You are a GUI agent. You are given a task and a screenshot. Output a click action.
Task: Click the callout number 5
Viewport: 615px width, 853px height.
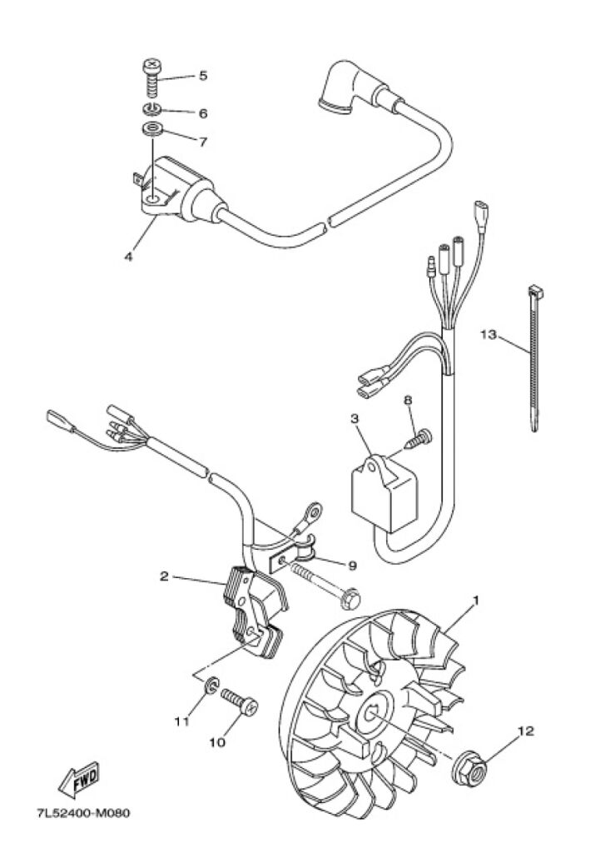click(203, 75)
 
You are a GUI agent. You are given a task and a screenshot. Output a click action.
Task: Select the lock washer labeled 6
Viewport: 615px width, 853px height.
click(151, 109)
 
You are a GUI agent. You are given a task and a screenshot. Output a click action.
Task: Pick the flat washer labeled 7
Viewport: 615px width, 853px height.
click(152, 131)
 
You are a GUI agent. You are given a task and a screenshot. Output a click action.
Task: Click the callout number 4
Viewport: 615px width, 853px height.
click(129, 256)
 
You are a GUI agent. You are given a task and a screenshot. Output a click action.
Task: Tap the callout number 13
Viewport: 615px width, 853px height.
click(489, 334)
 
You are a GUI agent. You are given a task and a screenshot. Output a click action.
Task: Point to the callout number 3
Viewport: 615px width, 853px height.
click(355, 419)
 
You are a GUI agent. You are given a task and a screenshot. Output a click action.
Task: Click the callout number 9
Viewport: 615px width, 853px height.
click(352, 566)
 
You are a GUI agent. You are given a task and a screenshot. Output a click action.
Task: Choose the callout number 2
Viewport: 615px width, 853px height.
click(164, 576)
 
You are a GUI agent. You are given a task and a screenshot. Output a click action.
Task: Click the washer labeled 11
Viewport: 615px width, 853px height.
click(212, 686)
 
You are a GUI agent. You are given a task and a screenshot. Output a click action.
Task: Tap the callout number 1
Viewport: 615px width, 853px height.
click(477, 601)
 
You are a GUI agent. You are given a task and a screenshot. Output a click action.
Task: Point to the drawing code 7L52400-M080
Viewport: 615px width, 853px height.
click(83, 814)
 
